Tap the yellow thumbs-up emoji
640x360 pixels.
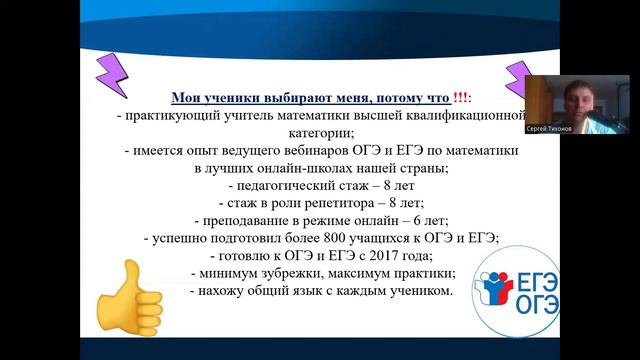pos(131,290)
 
